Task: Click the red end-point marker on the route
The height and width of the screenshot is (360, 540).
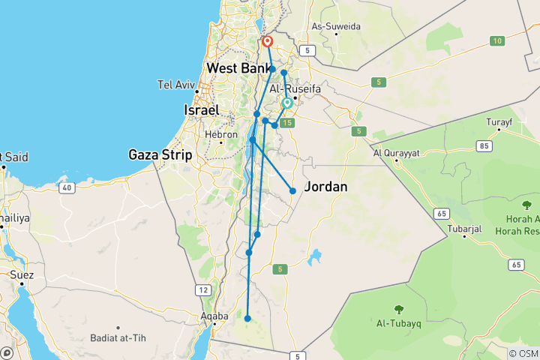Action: (267, 42)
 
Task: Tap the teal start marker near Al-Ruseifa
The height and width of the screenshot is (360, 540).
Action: (287, 103)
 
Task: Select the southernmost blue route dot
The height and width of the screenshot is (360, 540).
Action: (247, 319)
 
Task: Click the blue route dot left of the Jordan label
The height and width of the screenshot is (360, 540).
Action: (292, 190)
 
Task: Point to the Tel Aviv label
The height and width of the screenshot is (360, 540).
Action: (175, 83)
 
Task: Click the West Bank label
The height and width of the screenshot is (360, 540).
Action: (238, 68)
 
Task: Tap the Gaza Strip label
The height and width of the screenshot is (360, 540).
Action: (160, 154)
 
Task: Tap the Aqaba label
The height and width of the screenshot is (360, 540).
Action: (214, 316)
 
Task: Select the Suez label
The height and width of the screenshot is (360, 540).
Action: (22, 274)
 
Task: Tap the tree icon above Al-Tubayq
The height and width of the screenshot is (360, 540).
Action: (399, 308)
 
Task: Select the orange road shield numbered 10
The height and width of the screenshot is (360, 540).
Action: (496, 40)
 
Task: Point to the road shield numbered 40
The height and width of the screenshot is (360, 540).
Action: (67, 187)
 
